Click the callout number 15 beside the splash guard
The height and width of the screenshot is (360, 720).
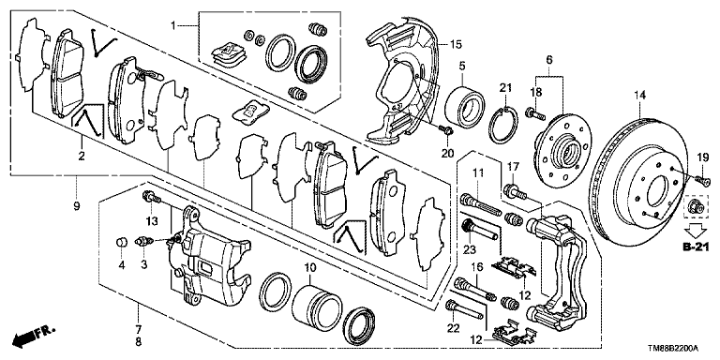tap(456, 45)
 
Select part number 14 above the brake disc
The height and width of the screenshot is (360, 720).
tap(640, 96)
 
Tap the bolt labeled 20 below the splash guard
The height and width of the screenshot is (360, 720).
tap(446, 130)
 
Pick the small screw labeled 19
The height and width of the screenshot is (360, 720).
tap(700, 180)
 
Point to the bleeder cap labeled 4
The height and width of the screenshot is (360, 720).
tap(121, 241)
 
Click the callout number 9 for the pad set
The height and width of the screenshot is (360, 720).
tap(76, 206)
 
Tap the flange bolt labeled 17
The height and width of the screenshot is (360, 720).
tap(515, 191)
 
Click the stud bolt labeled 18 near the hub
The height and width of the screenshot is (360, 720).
tap(535, 112)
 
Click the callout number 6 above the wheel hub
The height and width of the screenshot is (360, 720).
tap(549, 59)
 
